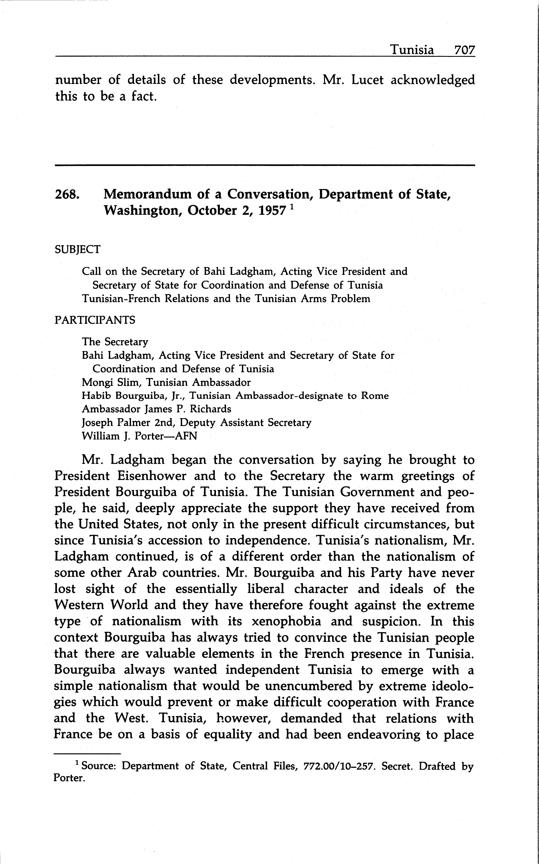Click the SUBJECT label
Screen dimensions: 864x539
77,249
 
